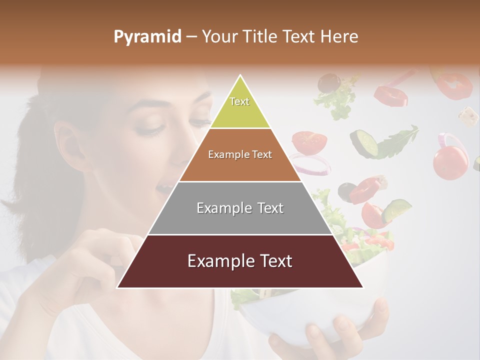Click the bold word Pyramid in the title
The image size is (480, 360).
(147, 36)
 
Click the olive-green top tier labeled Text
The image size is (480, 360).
(240, 107)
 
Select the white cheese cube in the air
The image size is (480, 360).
(468, 115)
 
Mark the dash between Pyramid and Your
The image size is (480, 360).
(191, 37)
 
